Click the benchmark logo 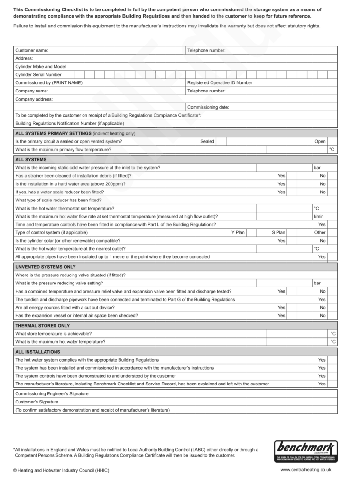[306, 451]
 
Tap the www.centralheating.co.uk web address [305, 470]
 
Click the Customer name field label [32, 50]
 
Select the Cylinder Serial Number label [38, 74]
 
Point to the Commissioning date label [208, 107]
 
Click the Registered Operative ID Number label [220, 82]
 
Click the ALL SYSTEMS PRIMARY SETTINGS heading [75, 133]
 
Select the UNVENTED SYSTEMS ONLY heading [46, 267]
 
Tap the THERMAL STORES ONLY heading [43, 326]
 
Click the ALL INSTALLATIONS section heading [38, 352]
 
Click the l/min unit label [319, 216]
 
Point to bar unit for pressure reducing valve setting [317, 283]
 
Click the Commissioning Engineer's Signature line [52, 393]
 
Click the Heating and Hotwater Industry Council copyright [61, 470]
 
